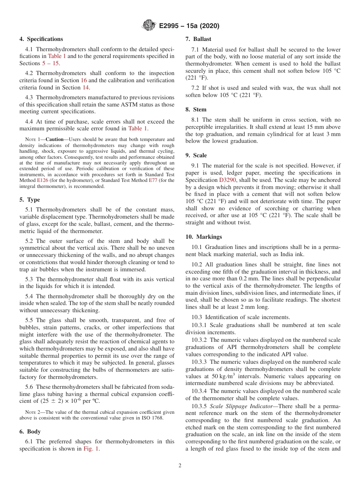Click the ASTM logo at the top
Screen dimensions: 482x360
pyautogui.click(x=149, y=26)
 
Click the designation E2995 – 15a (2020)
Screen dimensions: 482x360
pyautogui.click(x=189, y=26)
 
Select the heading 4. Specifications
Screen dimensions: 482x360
pyautogui.click(x=41, y=39)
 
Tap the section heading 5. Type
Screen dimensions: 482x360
pyautogui.click(x=30, y=200)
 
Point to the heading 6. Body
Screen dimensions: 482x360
pyautogui.click(x=30, y=432)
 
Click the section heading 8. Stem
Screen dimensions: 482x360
pyautogui.click(x=196, y=110)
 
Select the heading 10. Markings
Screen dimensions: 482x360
pyautogui.click(x=203, y=237)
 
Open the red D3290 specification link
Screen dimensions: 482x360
pyautogui.click(x=227, y=180)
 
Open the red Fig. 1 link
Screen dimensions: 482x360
pyautogui.click(x=91, y=449)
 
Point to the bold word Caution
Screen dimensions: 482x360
pyautogui.click(x=55, y=139)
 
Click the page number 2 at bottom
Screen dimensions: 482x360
pyautogui.click(x=180, y=466)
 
